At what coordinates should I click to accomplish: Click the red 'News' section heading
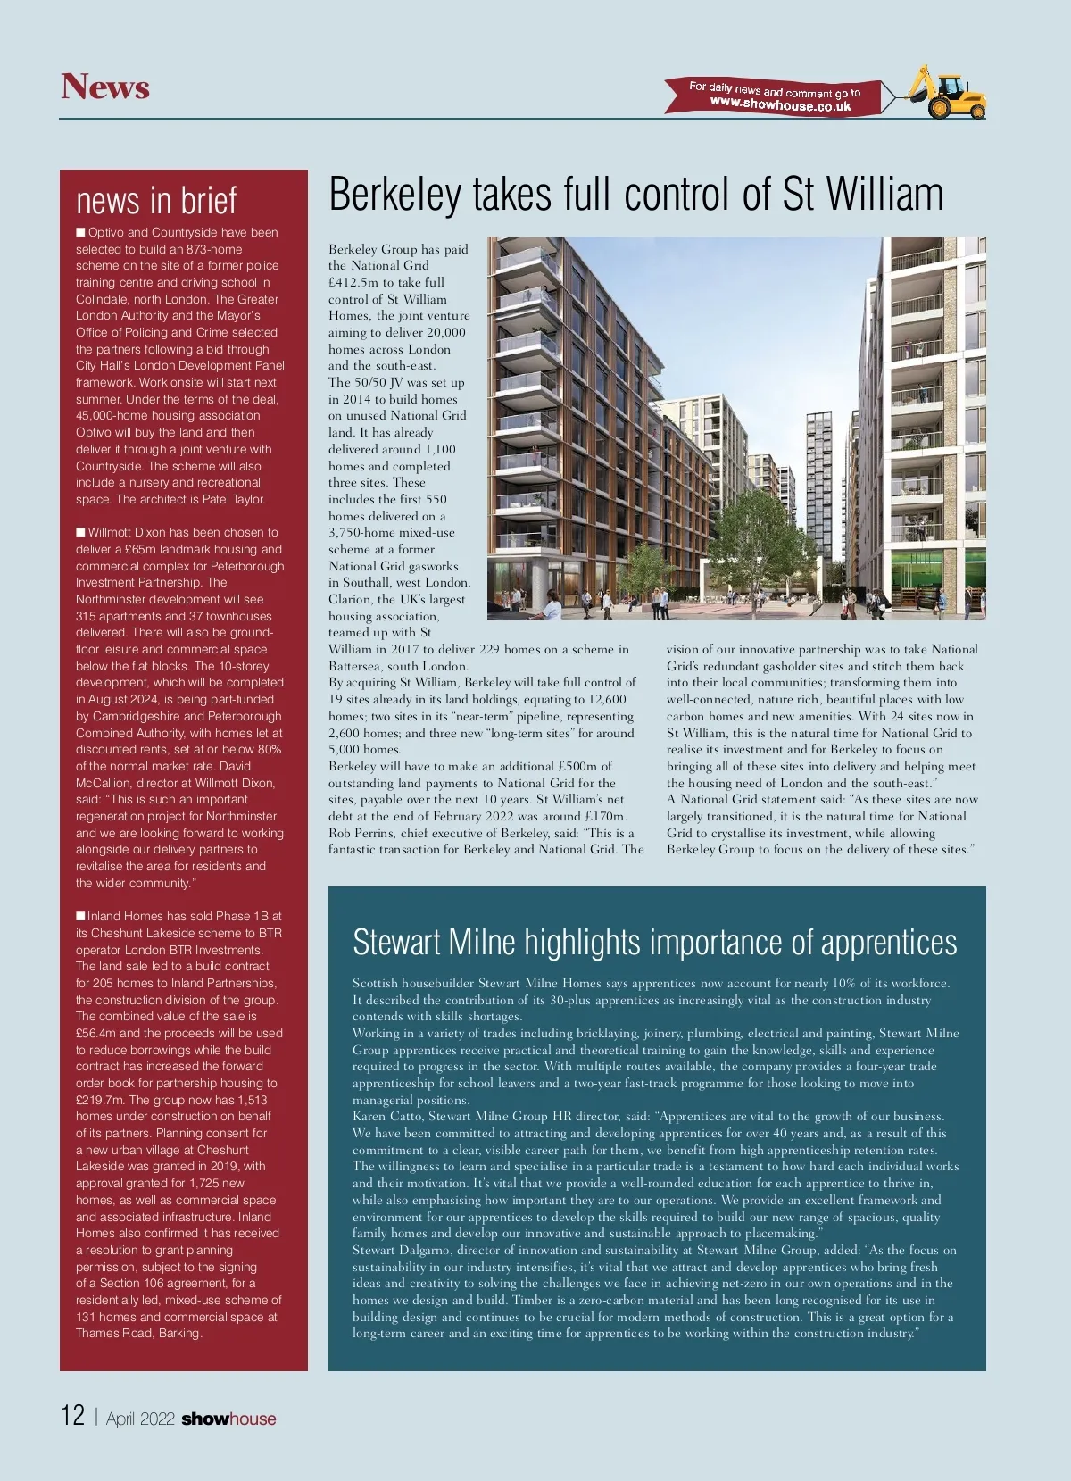[x=105, y=87]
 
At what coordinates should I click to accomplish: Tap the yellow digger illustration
[x=948, y=92]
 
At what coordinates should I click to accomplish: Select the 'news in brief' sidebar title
[x=156, y=201]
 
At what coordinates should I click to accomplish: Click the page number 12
[x=72, y=1415]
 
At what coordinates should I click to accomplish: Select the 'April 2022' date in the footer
[x=140, y=1419]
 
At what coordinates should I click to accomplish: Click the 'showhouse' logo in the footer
[x=228, y=1419]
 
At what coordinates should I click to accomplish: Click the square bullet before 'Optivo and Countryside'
[x=80, y=233]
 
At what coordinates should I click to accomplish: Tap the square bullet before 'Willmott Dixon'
[x=80, y=533]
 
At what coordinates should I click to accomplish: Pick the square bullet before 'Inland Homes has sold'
[x=80, y=916]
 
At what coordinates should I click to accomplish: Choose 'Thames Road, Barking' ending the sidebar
[x=138, y=1333]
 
